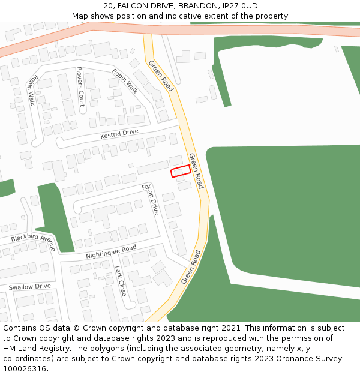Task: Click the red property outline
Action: point(181,172)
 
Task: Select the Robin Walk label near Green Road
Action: point(124,81)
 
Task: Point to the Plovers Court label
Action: point(80,86)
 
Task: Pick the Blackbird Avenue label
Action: point(34,242)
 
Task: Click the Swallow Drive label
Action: point(29,287)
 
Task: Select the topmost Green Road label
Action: point(161,76)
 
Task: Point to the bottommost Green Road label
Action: point(191,268)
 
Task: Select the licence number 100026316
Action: point(25,369)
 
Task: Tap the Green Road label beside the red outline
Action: point(197,170)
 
